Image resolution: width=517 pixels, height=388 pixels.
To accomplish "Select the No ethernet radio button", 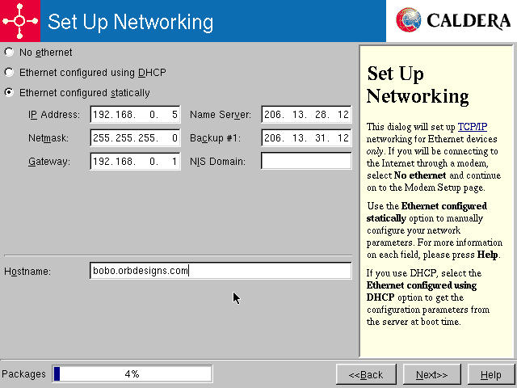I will pyautogui.click(x=9, y=53).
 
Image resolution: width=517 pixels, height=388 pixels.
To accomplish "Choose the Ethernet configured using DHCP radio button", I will pyautogui.click(x=9, y=73).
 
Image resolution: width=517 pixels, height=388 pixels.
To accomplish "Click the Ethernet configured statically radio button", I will pyautogui.click(x=9, y=92).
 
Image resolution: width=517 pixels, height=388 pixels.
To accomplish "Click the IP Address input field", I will pyautogui.click(x=135, y=115).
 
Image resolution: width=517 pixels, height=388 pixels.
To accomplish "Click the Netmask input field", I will pyautogui.click(x=135, y=138).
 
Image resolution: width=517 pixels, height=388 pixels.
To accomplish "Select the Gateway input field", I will pyautogui.click(x=135, y=162).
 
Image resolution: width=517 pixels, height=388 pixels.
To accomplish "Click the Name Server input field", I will pyautogui.click(x=306, y=115).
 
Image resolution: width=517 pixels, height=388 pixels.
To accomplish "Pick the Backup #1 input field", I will pyautogui.click(x=306, y=138).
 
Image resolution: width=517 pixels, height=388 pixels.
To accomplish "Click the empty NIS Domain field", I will pyautogui.click(x=306, y=162).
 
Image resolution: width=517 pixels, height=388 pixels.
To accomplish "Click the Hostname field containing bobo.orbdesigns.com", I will pyautogui.click(x=221, y=271).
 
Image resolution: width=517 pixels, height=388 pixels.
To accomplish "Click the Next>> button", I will pyautogui.click(x=432, y=374).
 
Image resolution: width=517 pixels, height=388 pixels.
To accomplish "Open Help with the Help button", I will pyautogui.click(x=490, y=374).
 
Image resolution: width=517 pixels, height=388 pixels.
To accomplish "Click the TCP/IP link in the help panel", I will pyautogui.click(x=472, y=127).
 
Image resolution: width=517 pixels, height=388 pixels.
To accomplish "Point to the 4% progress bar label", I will pyautogui.click(x=132, y=374).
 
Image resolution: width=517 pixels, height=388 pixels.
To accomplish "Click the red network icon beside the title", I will pyautogui.click(x=19, y=21).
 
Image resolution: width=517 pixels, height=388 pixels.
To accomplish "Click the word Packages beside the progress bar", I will pyautogui.click(x=23, y=374).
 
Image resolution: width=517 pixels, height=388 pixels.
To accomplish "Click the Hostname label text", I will pyautogui.click(x=27, y=272).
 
